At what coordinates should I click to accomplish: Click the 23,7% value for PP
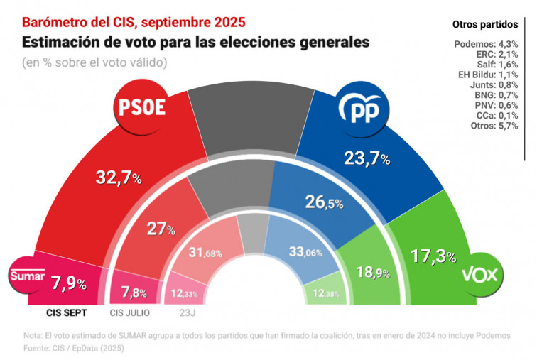[367, 159]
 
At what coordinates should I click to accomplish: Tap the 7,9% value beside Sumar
[69, 284]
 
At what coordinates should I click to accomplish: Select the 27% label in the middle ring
[161, 229]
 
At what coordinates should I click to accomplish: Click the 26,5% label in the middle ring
[324, 202]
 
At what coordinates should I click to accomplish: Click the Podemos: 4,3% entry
[489, 44]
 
